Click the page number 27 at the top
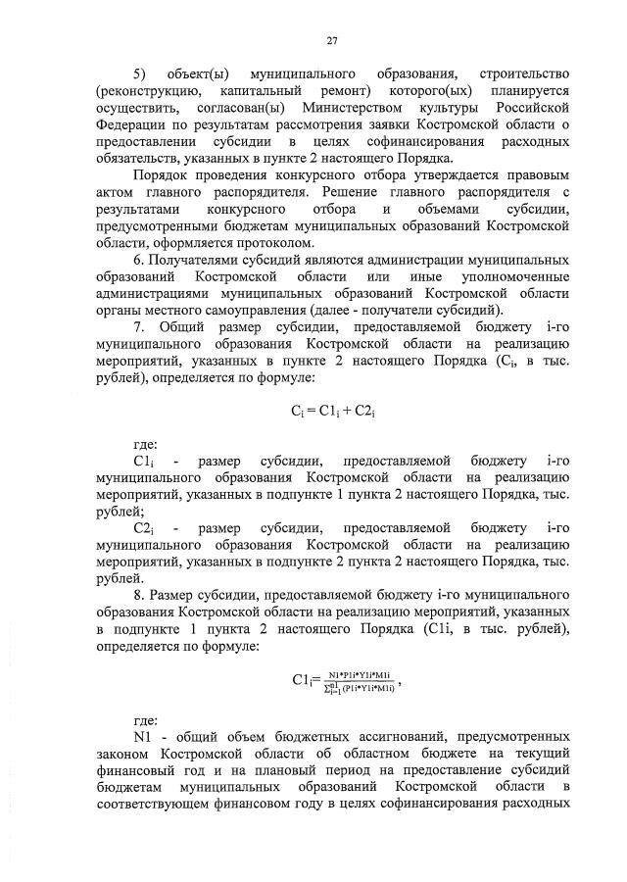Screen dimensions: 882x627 point(332,40)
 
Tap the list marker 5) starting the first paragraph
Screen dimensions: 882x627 point(140,75)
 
